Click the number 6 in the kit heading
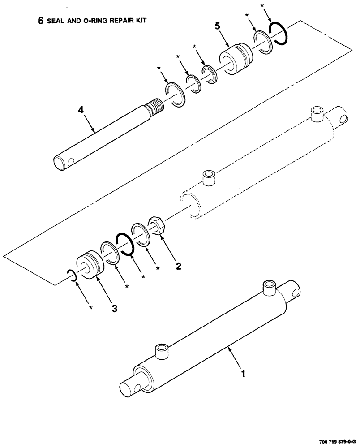(41, 21)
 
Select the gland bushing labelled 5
(235, 57)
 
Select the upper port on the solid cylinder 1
(269, 287)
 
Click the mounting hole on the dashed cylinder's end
(343, 119)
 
